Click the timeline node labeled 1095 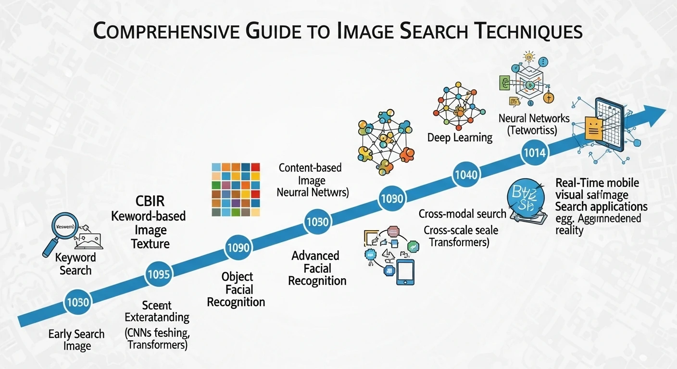(x=159, y=274)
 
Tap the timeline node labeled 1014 (x=534, y=153)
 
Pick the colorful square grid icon (x=236, y=189)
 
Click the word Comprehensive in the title (x=163, y=31)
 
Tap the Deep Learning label (x=460, y=138)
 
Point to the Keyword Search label (x=75, y=264)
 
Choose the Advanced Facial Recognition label (x=317, y=268)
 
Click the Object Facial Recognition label (x=236, y=289)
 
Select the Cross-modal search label (x=463, y=214)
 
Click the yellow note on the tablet (x=594, y=128)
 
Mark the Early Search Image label (x=76, y=340)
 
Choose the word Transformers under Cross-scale (x=459, y=242)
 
